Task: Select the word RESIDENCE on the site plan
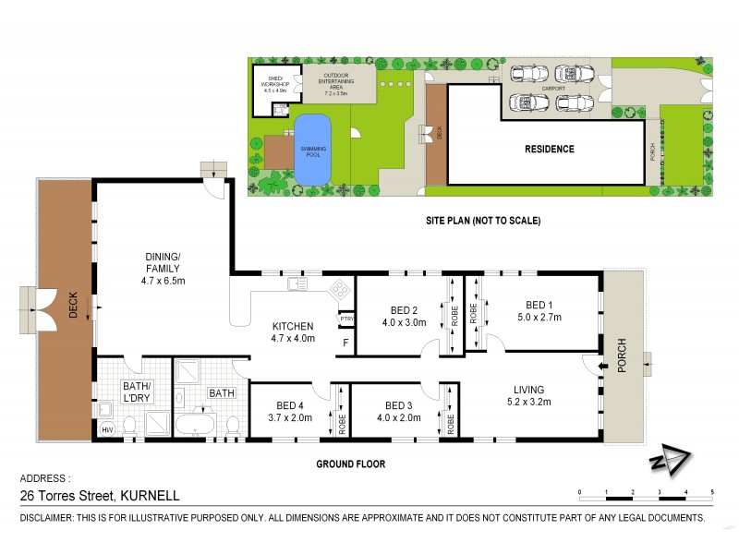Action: pyautogui.click(x=550, y=149)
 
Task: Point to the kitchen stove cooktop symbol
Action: pyautogui.click(x=338, y=289)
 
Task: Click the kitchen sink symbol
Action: pyautogui.click(x=297, y=284)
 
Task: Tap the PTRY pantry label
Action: pyautogui.click(x=346, y=319)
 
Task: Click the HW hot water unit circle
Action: pyautogui.click(x=107, y=428)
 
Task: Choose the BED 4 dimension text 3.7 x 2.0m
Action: pyautogui.click(x=289, y=417)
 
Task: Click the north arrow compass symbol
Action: pyautogui.click(x=667, y=461)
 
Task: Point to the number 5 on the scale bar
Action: pyautogui.click(x=712, y=492)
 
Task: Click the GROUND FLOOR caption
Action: pyautogui.click(x=351, y=464)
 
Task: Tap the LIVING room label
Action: pyautogui.click(x=525, y=390)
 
